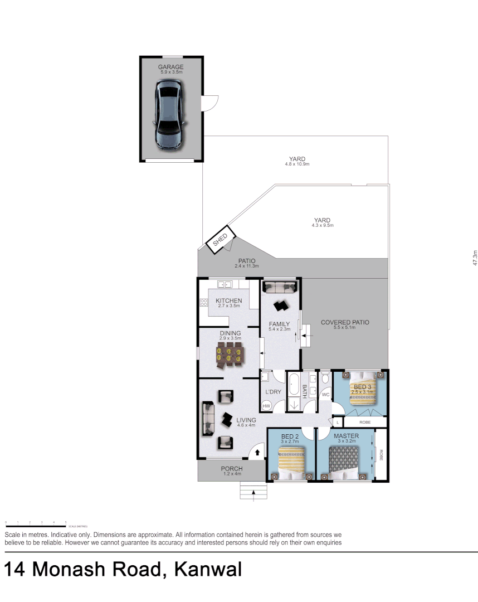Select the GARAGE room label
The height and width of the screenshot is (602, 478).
[x=170, y=67]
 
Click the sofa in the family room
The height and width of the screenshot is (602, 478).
[x=279, y=287]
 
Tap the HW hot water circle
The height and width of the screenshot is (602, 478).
[x=267, y=406]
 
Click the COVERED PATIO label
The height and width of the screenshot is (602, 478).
[x=345, y=322]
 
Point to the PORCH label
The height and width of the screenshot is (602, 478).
[x=232, y=469]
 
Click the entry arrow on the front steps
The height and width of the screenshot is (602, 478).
[x=254, y=492]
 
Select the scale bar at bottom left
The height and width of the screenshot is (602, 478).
[x=36, y=526]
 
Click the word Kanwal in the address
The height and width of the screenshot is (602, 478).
[x=208, y=570]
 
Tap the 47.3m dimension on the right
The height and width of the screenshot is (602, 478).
[x=474, y=258]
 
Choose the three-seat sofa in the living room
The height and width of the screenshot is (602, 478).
[x=208, y=417]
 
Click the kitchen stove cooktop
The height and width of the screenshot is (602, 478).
[x=203, y=303]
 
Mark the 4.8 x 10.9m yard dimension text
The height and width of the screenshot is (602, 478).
[x=297, y=164]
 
